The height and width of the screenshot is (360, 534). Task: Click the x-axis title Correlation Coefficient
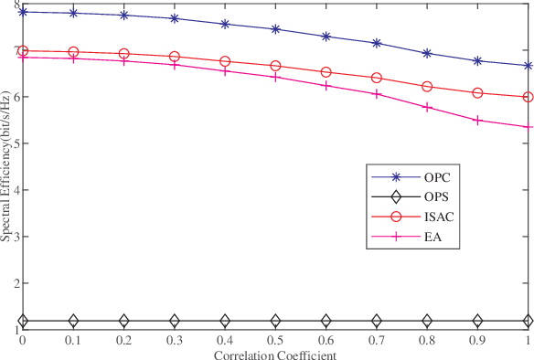click(x=275, y=354)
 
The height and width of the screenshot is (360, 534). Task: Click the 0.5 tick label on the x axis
click(x=275, y=341)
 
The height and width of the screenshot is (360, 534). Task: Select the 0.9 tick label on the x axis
click(x=477, y=341)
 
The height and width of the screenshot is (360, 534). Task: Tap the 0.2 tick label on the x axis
click(x=123, y=341)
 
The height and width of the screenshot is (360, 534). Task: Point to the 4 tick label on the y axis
click(x=16, y=190)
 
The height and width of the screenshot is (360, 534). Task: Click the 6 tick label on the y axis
click(x=16, y=97)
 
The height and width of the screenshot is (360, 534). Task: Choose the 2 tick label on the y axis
click(x=16, y=284)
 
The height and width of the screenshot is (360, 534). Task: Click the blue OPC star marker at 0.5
click(x=275, y=29)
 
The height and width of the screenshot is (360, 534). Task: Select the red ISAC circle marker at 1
click(x=528, y=97)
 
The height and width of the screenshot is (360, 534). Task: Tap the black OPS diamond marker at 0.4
click(x=225, y=321)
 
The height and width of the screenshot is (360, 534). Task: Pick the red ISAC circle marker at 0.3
click(x=175, y=57)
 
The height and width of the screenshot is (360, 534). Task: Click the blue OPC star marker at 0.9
click(x=477, y=61)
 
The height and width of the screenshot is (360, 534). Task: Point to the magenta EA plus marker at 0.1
click(x=73, y=58)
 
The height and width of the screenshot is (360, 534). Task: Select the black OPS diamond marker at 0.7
click(x=377, y=321)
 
